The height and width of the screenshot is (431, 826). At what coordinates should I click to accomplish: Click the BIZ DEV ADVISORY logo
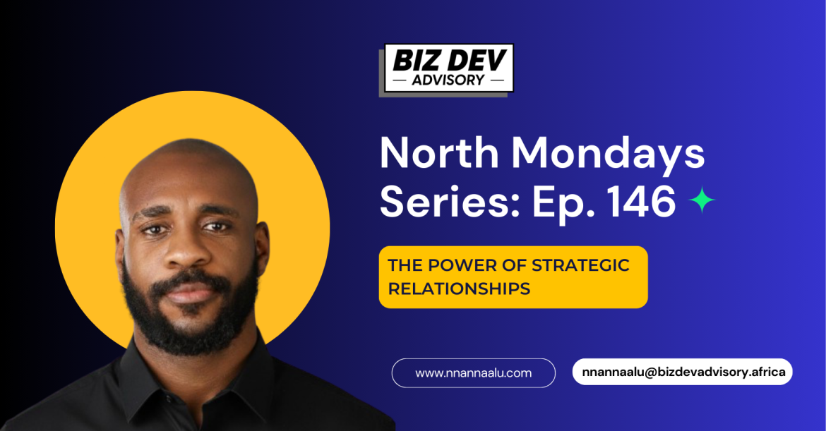click(446, 69)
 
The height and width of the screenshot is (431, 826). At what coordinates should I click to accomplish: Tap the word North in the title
click(439, 152)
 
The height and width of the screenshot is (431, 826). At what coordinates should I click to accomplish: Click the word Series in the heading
click(450, 201)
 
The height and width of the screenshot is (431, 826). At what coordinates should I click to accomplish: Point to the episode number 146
click(642, 201)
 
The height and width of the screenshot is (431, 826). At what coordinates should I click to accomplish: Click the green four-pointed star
click(702, 200)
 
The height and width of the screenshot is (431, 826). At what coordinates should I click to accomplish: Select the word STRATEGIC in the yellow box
click(580, 265)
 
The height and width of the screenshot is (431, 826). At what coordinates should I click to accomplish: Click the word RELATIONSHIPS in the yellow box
click(460, 289)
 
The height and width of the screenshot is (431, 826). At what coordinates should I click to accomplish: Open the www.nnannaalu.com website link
click(473, 373)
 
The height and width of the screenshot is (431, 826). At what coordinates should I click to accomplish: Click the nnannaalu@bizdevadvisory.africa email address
click(683, 372)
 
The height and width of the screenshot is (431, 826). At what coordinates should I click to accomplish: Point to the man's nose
click(184, 252)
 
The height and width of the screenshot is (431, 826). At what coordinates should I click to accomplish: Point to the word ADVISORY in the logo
click(448, 80)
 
